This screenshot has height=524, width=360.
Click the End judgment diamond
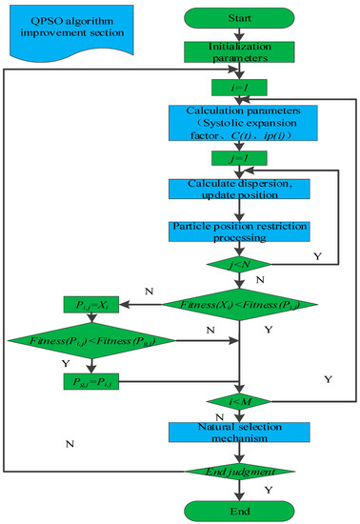[x=240, y=471]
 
